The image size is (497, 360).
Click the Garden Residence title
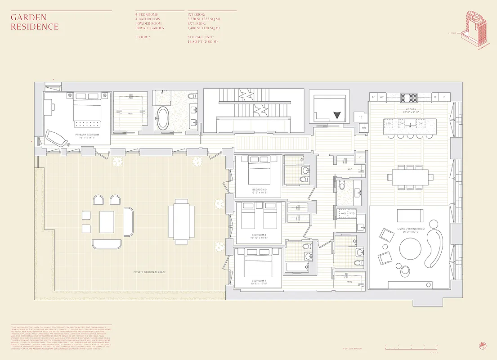(x=35, y=22)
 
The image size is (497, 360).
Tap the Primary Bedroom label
(x=87, y=135)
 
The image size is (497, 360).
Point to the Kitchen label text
(x=410, y=109)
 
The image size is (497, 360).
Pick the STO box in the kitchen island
(x=388, y=123)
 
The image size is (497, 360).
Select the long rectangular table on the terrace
(x=181, y=221)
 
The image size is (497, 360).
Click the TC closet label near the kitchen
(x=361, y=117)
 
